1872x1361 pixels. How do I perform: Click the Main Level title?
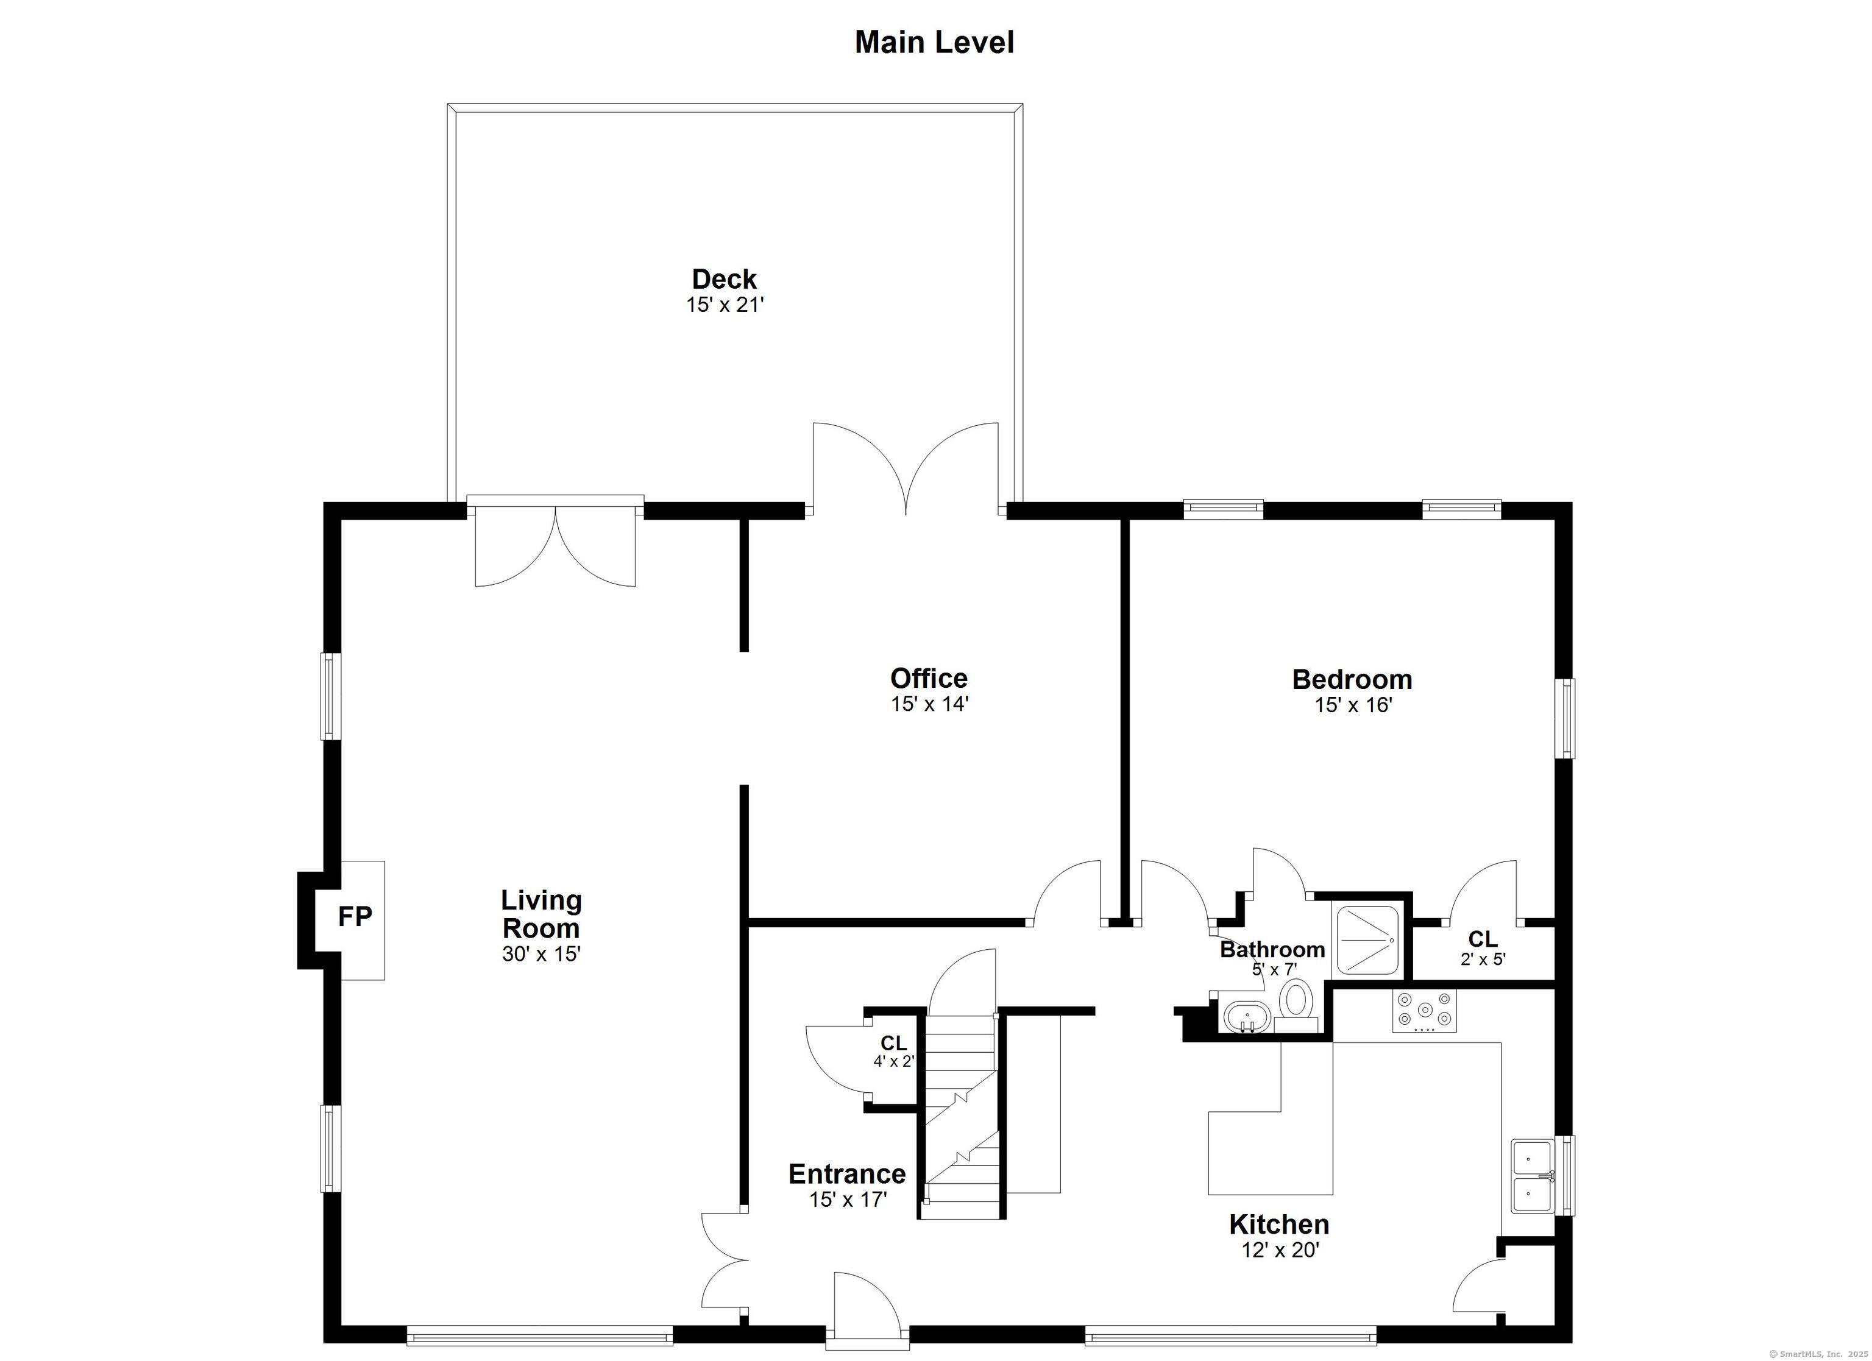(x=934, y=42)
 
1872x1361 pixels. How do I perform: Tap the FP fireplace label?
(x=355, y=916)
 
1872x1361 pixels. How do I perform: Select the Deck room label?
(x=724, y=279)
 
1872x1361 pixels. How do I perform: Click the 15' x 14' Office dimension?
(x=929, y=704)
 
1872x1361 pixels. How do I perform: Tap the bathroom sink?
(x=1246, y=1015)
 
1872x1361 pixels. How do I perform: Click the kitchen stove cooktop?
(x=1424, y=1010)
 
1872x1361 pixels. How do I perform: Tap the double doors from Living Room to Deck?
(x=555, y=545)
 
